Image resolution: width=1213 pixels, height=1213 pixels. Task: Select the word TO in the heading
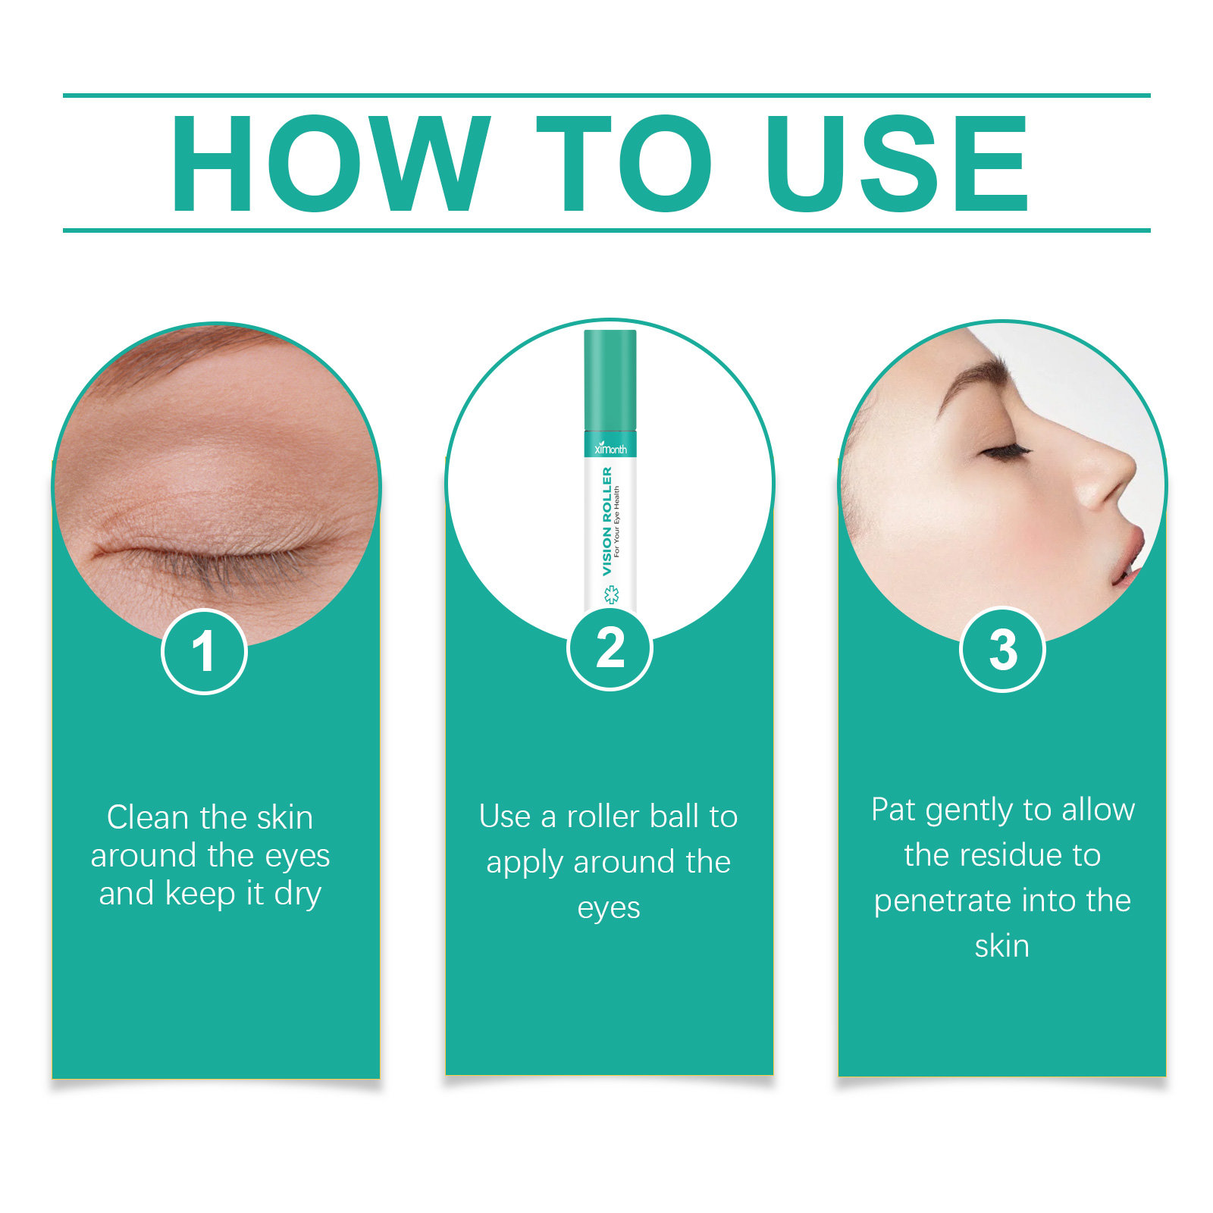624,163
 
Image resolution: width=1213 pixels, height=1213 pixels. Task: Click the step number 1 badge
204,651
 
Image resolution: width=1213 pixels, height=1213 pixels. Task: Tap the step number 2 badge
610,648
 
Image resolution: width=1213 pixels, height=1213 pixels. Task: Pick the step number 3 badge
1002,650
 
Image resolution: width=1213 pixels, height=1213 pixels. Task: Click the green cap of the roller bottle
610,379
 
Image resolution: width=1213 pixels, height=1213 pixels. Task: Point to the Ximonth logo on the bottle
610,448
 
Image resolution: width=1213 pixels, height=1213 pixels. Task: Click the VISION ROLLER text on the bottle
606,521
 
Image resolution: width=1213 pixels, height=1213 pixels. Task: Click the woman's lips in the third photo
1133,557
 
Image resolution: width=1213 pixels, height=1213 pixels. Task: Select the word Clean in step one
148,817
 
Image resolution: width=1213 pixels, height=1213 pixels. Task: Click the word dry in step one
298,894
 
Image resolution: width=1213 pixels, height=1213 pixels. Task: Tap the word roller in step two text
603,817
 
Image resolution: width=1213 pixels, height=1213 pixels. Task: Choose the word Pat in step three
894,810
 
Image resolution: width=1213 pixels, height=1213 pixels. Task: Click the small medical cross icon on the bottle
611,595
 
